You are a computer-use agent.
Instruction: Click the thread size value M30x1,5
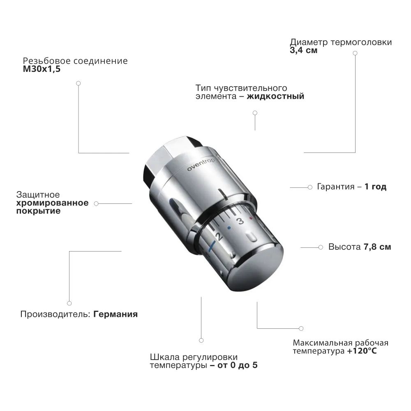(42, 69)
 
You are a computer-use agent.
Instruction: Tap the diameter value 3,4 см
(304, 50)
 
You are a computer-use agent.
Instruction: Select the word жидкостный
(275, 97)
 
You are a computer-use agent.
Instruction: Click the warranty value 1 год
(375, 187)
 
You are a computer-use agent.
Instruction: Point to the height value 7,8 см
(377, 247)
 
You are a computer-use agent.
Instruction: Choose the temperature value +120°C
(362, 351)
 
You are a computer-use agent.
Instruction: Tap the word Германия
(115, 314)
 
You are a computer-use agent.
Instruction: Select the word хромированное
(53, 203)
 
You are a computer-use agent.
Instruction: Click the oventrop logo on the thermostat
(201, 165)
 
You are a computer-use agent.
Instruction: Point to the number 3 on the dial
(240, 221)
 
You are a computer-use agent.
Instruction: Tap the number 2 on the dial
(219, 236)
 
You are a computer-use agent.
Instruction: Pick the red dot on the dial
(251, 218)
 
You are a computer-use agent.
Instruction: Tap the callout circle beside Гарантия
(310, 187)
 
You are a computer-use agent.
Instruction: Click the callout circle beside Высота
(321, 247)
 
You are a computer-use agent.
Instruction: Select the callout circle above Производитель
(69, 303)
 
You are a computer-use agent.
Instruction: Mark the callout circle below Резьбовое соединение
(79, 83)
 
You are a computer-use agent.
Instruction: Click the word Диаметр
(309, 42)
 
